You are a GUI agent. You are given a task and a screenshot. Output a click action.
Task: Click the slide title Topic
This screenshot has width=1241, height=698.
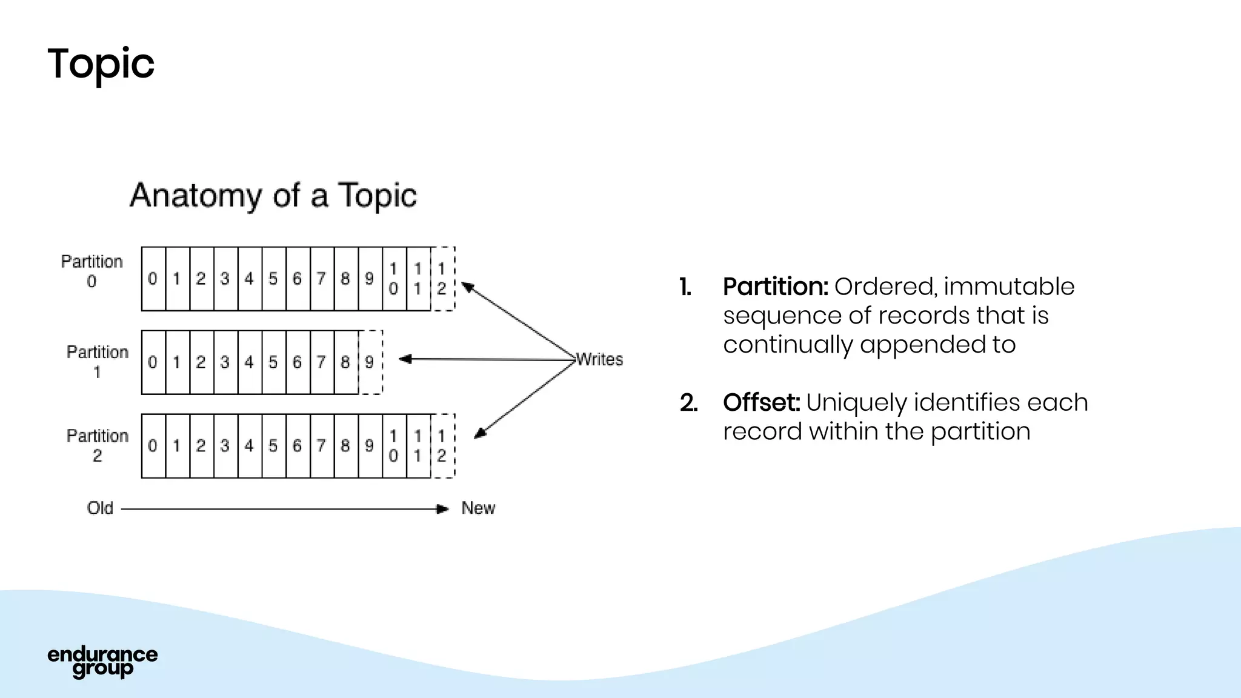(101, 64)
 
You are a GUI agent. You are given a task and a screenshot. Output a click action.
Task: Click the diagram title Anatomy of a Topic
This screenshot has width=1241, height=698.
(273, 196)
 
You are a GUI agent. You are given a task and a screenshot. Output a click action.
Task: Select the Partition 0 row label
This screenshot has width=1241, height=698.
(91, 271)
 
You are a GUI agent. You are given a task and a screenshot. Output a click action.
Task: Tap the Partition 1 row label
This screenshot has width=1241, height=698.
(97, 362)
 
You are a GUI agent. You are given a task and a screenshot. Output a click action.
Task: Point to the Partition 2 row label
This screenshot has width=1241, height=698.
(97, 445)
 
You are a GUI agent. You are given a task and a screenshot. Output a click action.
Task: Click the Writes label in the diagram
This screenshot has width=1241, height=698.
(599, 359)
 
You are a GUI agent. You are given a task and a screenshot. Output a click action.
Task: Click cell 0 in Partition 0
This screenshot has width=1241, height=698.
(153, 279)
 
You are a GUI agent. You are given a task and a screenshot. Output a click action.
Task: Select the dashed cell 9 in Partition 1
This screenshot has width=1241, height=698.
(370, 362)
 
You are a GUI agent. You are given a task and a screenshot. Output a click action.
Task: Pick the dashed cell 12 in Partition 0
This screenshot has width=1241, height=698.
(442, 279)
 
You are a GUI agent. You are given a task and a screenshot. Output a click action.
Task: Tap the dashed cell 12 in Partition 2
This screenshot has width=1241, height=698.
(442, 446)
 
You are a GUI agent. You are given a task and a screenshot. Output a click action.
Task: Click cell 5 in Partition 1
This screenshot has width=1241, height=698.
(273, 362)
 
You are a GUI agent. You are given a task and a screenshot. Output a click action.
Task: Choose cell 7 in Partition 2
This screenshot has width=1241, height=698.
(321, 446)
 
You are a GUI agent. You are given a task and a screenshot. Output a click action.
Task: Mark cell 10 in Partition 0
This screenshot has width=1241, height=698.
(394, 279)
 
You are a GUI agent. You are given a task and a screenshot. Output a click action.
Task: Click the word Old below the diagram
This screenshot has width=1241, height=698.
(100, 508)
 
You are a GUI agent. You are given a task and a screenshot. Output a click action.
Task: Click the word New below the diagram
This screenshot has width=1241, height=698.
(478, 508)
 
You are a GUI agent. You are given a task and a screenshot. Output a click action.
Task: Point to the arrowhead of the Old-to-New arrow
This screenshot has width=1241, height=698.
(444, 509)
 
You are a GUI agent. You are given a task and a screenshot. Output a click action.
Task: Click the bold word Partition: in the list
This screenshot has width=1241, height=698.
(775, 287)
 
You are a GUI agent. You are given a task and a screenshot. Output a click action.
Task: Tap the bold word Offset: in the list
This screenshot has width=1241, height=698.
(761, 402)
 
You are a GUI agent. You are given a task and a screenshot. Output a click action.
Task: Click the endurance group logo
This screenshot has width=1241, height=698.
(102, 661)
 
